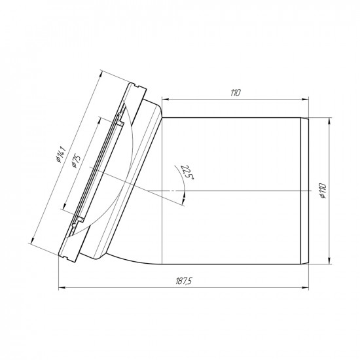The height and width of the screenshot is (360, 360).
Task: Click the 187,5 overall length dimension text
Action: [x=183, y=281]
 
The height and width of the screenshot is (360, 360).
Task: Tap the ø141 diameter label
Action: [x=61, y=154]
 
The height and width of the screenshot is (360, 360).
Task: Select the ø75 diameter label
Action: [x=76, y=162]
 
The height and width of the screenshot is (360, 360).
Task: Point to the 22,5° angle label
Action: [x=188, y=172]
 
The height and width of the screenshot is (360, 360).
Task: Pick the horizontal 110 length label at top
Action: [x=236, y=93]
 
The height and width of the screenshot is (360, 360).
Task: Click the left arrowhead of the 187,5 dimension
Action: [x=62, y=287]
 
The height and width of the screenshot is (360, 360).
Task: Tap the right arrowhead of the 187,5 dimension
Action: [x=305, y=287]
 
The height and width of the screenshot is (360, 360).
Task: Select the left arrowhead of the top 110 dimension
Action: [x=166, y=99]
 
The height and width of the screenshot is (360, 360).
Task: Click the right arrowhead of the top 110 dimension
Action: [x=305, y=99]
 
